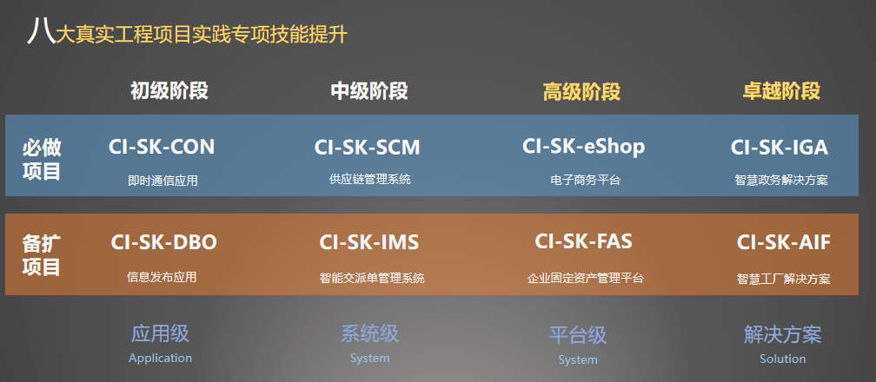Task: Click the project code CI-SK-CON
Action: point(162,147)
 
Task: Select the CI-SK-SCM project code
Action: point(367,148)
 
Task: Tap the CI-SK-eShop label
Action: point(584,147)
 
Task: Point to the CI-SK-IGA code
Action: point(780,148)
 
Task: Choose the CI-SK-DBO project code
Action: point(163,242)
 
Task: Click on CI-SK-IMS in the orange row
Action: point(368,242)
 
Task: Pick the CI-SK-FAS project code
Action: point(583,241)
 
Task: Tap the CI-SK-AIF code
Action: point(783,242)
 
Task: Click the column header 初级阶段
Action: point(169,90)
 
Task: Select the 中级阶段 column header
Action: point(369,90)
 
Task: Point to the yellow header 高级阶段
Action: point(581,91)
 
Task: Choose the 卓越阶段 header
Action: point(781,90)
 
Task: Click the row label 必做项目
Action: point(42,159)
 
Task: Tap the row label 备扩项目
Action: point(42,255)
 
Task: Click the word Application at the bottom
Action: point(160,358)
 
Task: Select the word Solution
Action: point(783,359)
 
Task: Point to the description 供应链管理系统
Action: point(370,179)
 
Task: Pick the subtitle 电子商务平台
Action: point(585,180)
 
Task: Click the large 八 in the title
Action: point(42,30)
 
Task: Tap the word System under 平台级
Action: point(578,360)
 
